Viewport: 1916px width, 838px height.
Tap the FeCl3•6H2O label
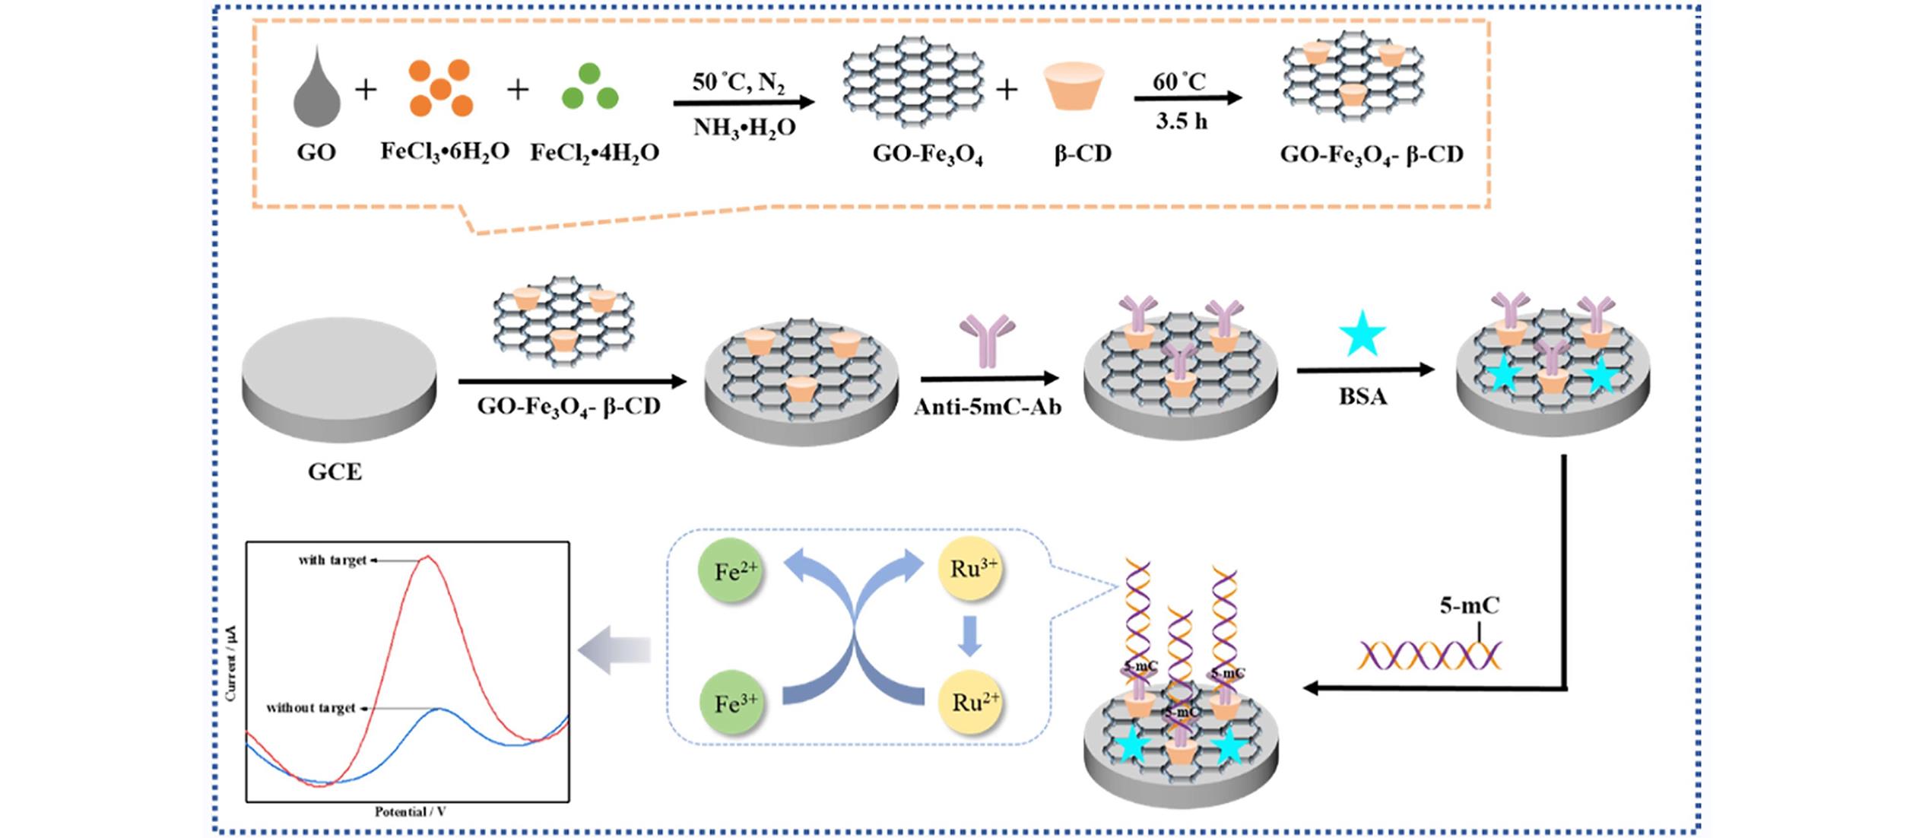[x=445, y=152]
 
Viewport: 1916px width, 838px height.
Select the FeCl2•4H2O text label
[x=595, y=153]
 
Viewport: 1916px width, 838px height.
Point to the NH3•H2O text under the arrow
[x=744, y=127]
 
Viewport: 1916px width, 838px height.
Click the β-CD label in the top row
[x=1082, y=154]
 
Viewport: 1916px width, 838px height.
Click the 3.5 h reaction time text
[x=1182, y=122]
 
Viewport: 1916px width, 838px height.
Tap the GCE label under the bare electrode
[x=335, y=472]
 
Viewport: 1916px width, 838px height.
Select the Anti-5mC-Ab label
[x=987, y=407]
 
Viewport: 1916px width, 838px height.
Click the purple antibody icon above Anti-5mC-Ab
[x=987, y=340]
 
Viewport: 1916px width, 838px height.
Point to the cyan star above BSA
[x=1362, y=335]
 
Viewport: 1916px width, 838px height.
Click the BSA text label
[x=1362, y=396]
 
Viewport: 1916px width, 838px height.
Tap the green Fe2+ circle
[x=730, y=571]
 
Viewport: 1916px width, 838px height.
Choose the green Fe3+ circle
[x=730, y=703]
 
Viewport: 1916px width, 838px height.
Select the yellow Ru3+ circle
[x=972, y=569]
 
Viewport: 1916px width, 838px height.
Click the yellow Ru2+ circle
[x=972, y=702]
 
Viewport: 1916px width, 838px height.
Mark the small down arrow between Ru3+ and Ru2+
[x=969, y=636]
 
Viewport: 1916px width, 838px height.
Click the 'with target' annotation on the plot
[x=332, y=560]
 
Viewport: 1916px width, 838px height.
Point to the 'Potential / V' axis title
[x=410, y=812]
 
